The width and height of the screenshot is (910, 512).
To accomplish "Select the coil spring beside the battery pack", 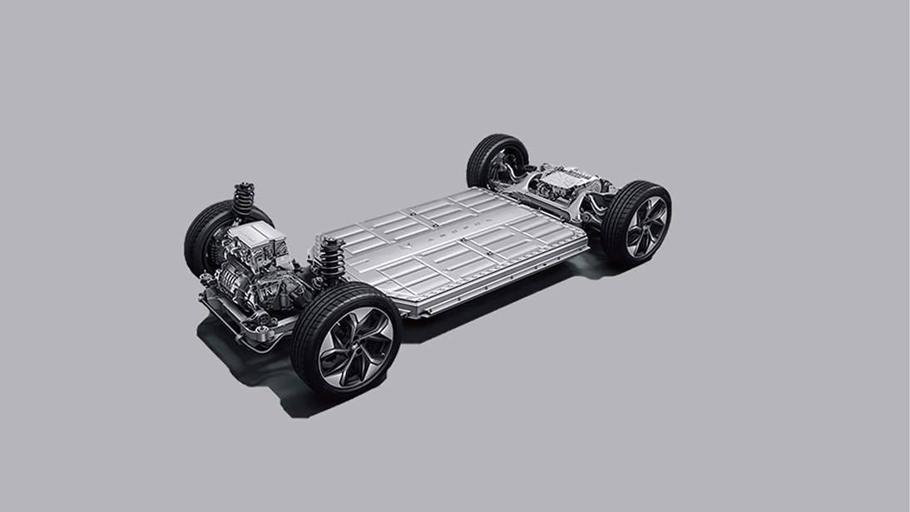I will [332, 259].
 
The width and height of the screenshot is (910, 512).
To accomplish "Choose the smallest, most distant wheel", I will [497, 161].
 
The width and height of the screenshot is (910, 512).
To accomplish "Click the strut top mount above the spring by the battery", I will [330, 242].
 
